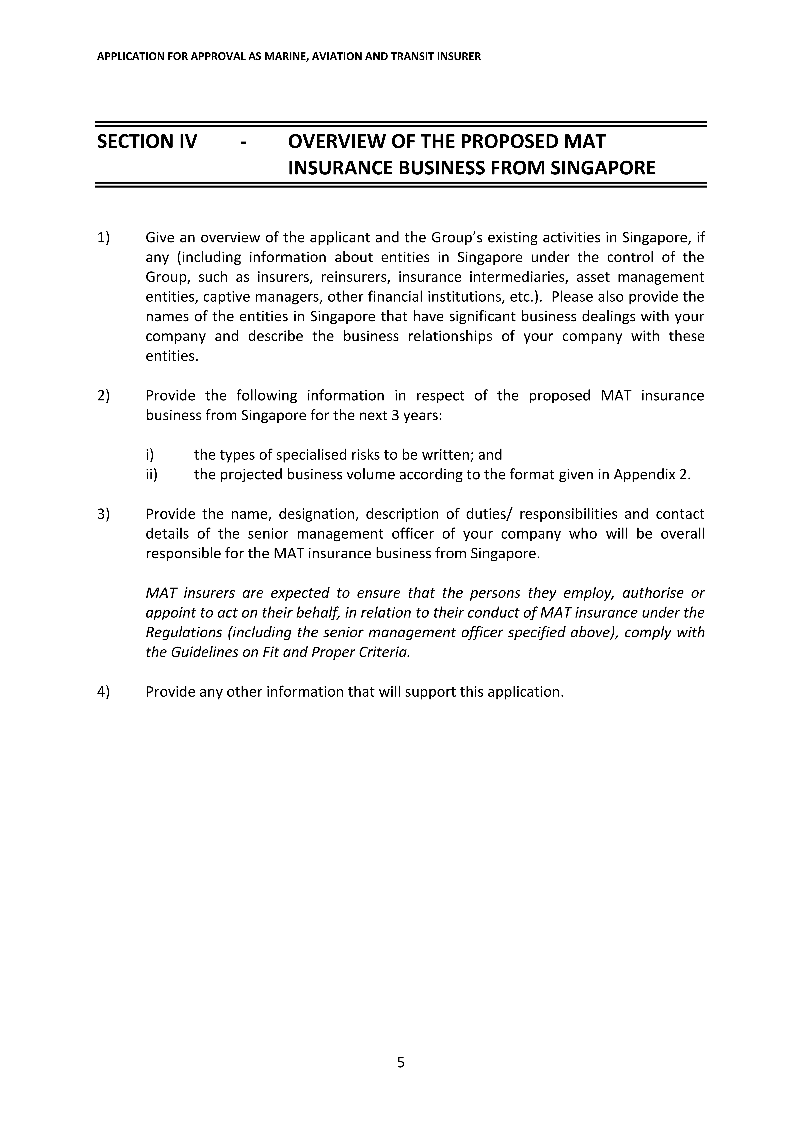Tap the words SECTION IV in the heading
(147, 142)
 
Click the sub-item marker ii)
(151, 474)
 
